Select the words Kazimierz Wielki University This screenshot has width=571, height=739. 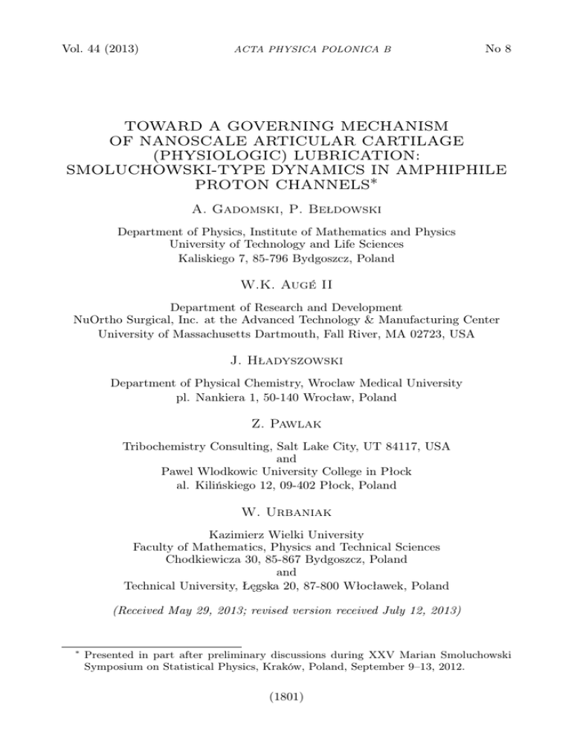[x=285, y=533]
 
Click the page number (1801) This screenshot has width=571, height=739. [x=285, y=718]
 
